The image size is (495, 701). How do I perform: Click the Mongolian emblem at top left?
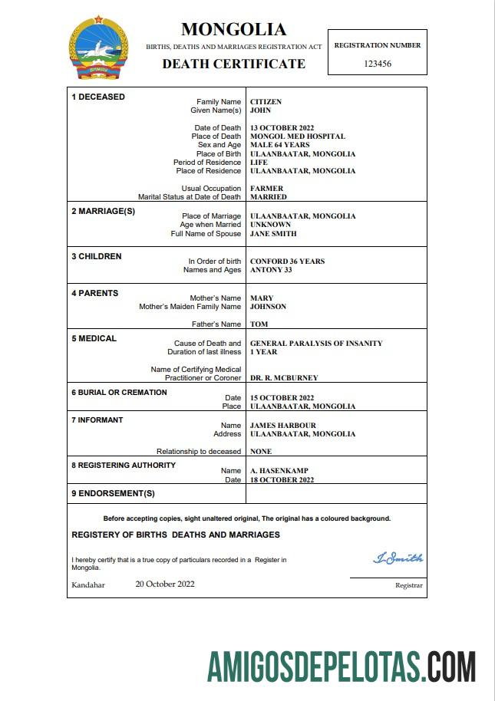point(98,49)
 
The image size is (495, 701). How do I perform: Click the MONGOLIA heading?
point(233,30)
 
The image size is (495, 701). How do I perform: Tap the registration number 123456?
point(377,64)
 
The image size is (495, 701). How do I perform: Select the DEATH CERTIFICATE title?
point(233,64)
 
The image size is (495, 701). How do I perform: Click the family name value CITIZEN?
point(266,102)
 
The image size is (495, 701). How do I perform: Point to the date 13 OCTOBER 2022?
point(282,128)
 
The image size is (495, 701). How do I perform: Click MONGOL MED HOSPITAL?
point(298,137)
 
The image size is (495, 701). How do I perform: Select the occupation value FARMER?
point(266,189)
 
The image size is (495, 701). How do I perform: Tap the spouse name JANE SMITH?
point(273,234)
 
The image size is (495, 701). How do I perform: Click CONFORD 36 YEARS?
point(287,262)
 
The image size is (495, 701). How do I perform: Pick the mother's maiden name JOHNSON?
point(268,307)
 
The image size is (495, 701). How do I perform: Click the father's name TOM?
point(259,324)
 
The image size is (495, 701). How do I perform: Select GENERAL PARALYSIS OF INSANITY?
point(316,344)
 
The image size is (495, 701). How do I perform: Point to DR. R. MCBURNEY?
point(284,378)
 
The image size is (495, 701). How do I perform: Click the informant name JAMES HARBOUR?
point(283,426)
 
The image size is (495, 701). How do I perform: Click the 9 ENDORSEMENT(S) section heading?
point(113,493)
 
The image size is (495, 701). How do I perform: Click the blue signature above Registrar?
point(398,558)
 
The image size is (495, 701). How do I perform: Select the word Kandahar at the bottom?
point(88,585)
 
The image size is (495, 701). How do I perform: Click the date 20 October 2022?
point(165,584)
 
